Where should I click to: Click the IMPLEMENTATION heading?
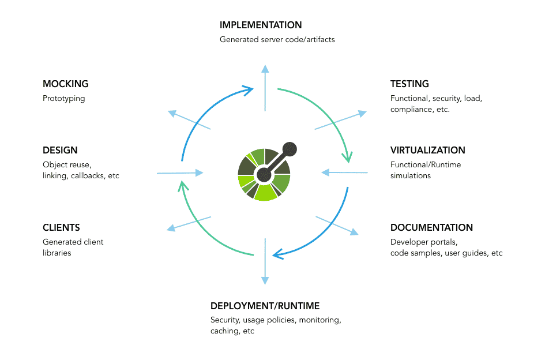(x=261, y=25)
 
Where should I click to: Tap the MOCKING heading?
(x=66, y=84)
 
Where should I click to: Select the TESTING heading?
(x=409, y=84)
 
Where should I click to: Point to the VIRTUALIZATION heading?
(x=427, y=151)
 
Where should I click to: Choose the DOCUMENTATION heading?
(x=431, y=228)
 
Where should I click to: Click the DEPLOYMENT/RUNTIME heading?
(x=265, y=306)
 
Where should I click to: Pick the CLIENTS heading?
(x=61, y=228)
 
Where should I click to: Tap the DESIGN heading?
(x=60, y=151)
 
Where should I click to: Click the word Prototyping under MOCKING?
(x=64, y=99)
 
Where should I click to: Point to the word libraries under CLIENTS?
(x=57, y=253)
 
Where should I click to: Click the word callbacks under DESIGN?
(x=89, y=175)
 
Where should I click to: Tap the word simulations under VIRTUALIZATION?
(x=411, y=175)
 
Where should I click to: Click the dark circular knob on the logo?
(x=291, y=149)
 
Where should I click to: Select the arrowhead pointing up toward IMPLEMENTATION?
(x=265, y=69)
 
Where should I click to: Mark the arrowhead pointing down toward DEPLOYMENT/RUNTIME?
(x=265, y=280)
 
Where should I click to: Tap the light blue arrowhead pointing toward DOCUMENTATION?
(x=354, y=232)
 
